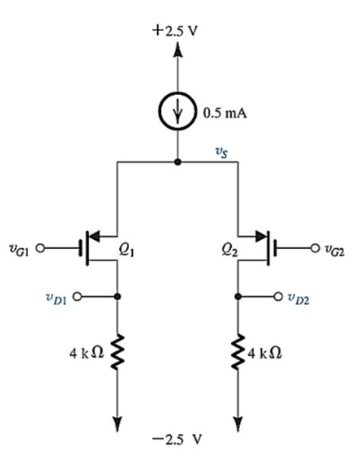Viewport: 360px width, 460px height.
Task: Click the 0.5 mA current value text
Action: pyautogui.click(x=223, y=115)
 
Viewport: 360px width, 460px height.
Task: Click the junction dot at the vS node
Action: pyautogui.click(x=177, y=162)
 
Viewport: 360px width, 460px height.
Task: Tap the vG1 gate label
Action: pyautogui.click(x=18, y=247)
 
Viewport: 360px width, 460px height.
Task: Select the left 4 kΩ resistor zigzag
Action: pyautogui.click(x=116, y=353)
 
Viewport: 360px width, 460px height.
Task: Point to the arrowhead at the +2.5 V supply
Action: pyautogui.click(x=177, y=50)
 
